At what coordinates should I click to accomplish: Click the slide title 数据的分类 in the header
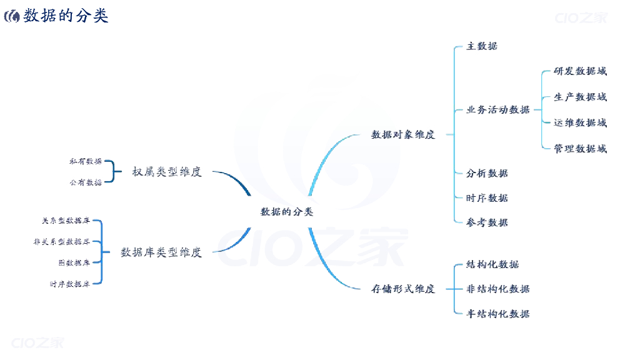(66, 16)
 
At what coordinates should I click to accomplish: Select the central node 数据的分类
(287, 212)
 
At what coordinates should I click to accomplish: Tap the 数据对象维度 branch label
(403, 134)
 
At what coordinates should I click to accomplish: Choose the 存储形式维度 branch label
(403, 289)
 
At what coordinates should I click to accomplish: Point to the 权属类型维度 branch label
(167, 172)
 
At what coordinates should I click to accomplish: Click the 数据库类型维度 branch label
(161, 252)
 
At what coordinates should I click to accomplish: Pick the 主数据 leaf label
(482, 46)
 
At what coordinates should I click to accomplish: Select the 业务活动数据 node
(498, 110)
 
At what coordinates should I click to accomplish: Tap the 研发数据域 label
(580, 71)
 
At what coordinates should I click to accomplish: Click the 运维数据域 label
(580, 123)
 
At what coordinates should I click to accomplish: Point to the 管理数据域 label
(580, 149)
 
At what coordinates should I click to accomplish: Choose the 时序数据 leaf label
(487, 198)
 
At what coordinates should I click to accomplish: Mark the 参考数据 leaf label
(487, 222)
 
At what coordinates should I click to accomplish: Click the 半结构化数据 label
(498, 314)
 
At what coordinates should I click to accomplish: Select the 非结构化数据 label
(498, 289)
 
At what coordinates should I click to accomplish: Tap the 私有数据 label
(86, 161)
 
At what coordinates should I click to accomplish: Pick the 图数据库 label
(74, 262)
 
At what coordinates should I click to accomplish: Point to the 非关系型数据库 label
(62, 241)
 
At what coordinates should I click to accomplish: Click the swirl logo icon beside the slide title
(12, 16)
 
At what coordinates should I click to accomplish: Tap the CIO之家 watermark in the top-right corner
(581, 17)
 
